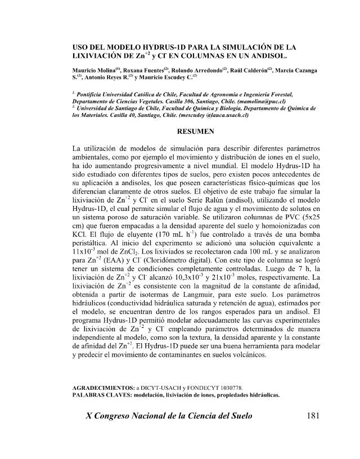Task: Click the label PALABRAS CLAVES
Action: [105, 395]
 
